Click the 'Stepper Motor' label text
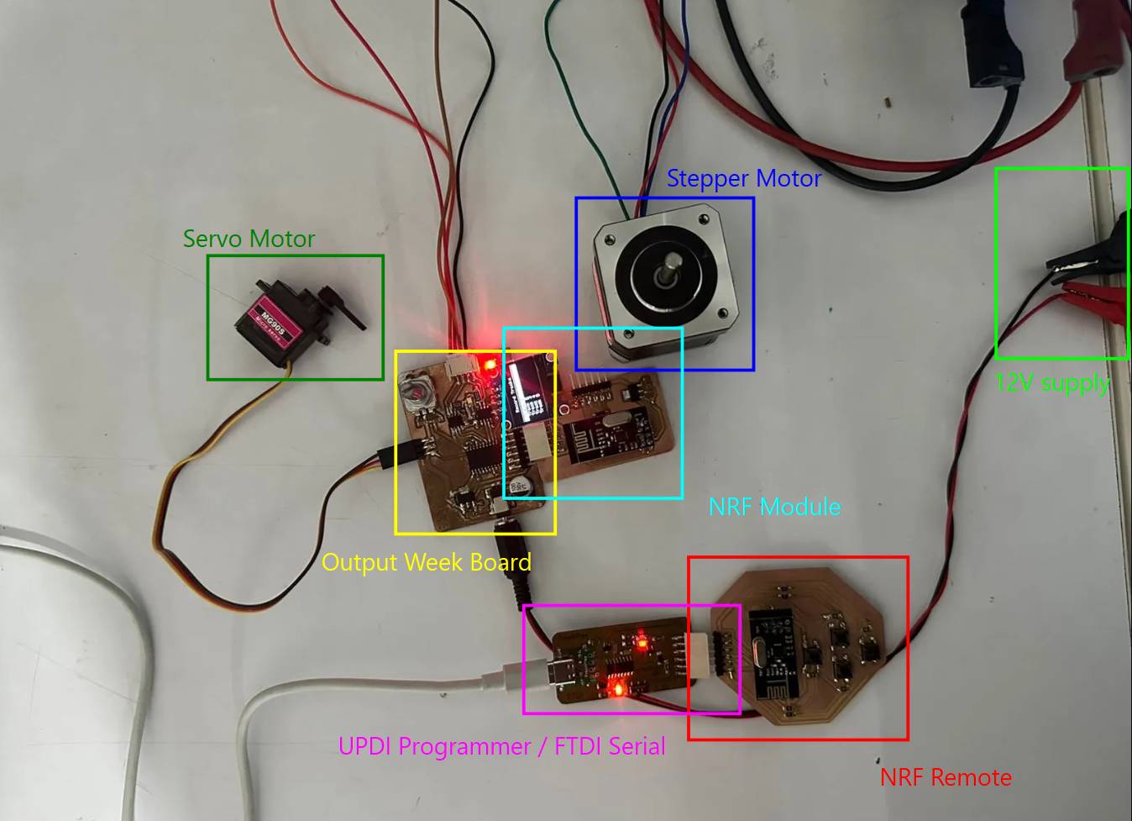(x=743, y=178)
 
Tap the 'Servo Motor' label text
(x=249, y=239)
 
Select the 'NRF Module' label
(x=774, y=507)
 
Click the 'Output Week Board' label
(x=426, y=562)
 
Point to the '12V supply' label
(x=1052, y=383)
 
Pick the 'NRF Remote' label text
(x=946, y=777)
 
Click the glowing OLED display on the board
(x=530, y=388)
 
